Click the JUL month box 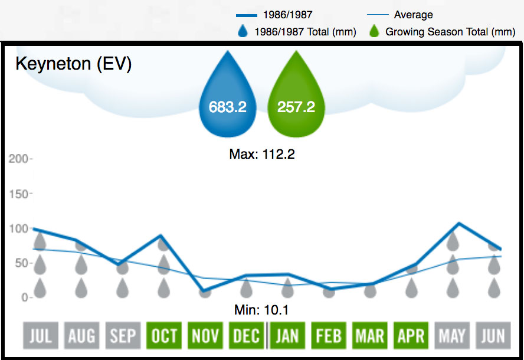click(40, 336)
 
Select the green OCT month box click(163, 336)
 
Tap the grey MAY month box click(452, 336)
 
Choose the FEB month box click(329, 336)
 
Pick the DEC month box click(246, 336)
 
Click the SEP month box click(122, 336)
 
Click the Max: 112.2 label click(261, 155)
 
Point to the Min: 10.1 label click(261, 309)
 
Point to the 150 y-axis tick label click(18, 194)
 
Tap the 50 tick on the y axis click(20, 263)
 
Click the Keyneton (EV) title click(73, 64)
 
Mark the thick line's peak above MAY click(458, 224)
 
